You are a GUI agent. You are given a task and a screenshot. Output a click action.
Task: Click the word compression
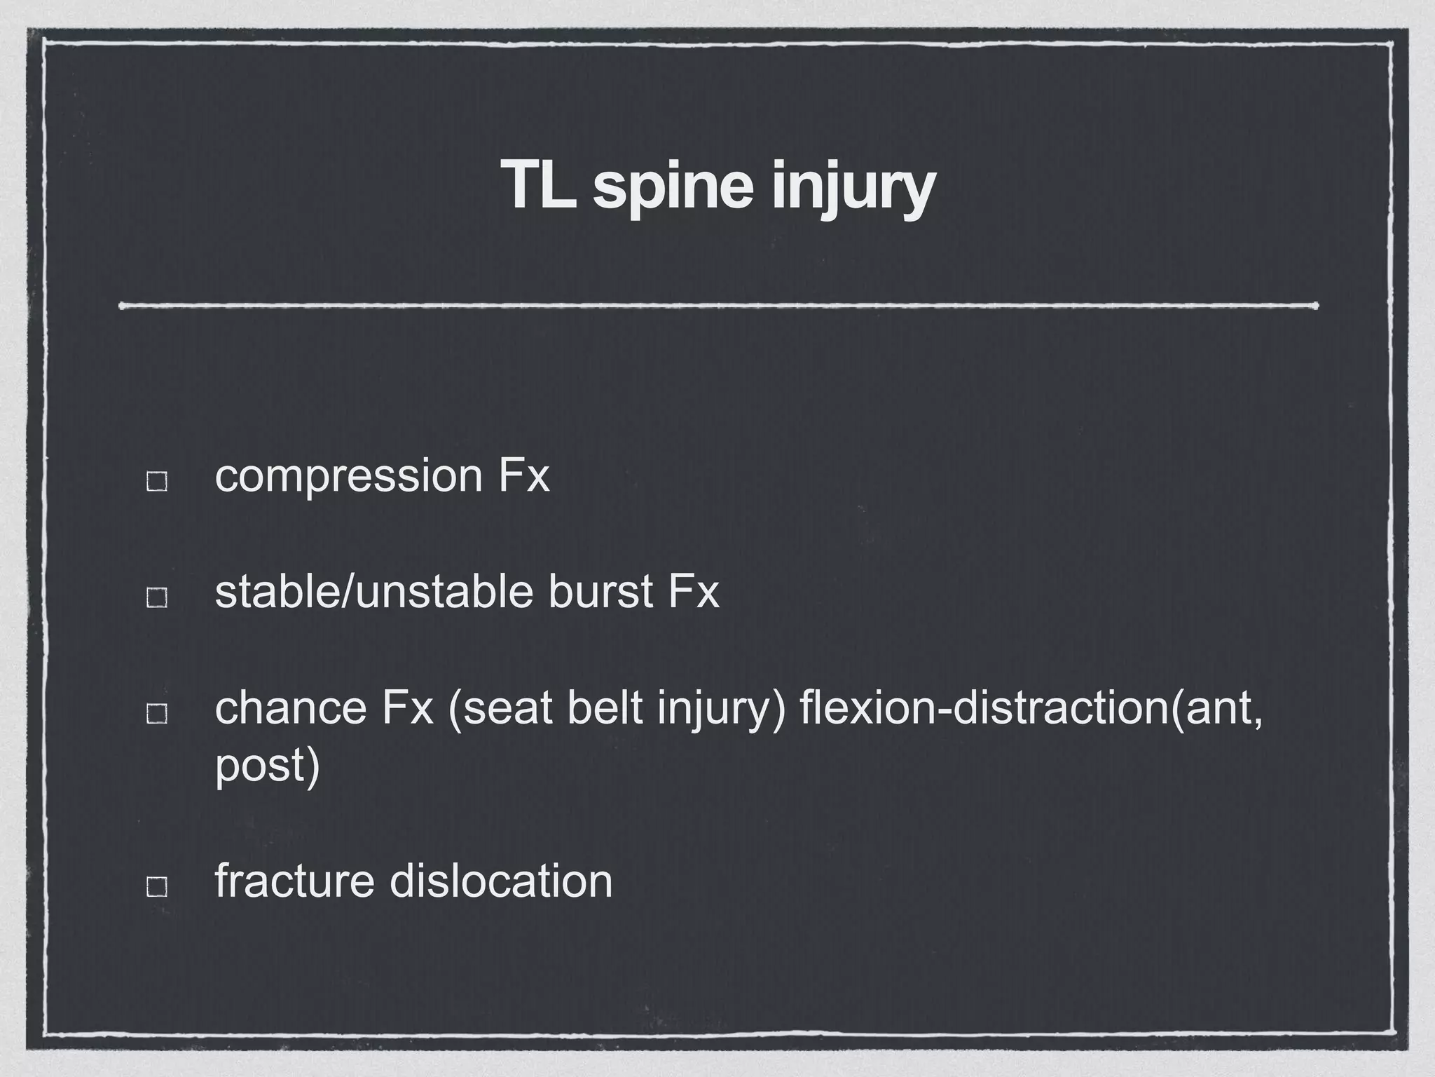tap(349, 476)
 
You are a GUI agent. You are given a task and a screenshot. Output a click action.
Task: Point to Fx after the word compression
tap(523, 476)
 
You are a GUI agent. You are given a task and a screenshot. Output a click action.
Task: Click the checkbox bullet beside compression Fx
tap(156, 482)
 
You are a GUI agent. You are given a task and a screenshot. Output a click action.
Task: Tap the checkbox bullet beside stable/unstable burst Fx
tap(156, 597)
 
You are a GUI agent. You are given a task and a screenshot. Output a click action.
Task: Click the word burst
tap(601, 591)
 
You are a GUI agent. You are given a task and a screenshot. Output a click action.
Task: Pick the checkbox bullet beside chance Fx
tap(156, 713)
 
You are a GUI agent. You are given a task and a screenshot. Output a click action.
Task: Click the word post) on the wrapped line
tap(267, 766)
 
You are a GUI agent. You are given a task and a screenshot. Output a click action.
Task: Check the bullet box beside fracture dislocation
tap(156, 886)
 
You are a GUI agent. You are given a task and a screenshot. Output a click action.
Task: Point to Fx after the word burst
tap(693, 591)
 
